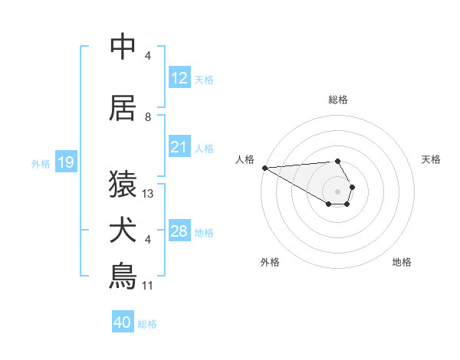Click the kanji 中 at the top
123,47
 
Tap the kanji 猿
123,184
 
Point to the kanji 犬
123,230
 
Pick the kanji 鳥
123,276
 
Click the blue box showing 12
179,78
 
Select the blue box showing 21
179,147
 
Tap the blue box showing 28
179,231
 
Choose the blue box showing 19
66,162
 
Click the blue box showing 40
123,322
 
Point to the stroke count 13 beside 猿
148,194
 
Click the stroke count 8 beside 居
148,117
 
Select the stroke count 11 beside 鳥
148,286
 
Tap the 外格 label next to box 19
41,163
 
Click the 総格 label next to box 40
147,323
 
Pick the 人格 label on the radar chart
245,159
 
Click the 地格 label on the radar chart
402,262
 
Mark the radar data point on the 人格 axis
264,168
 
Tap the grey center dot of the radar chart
337,191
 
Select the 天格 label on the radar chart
431,159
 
